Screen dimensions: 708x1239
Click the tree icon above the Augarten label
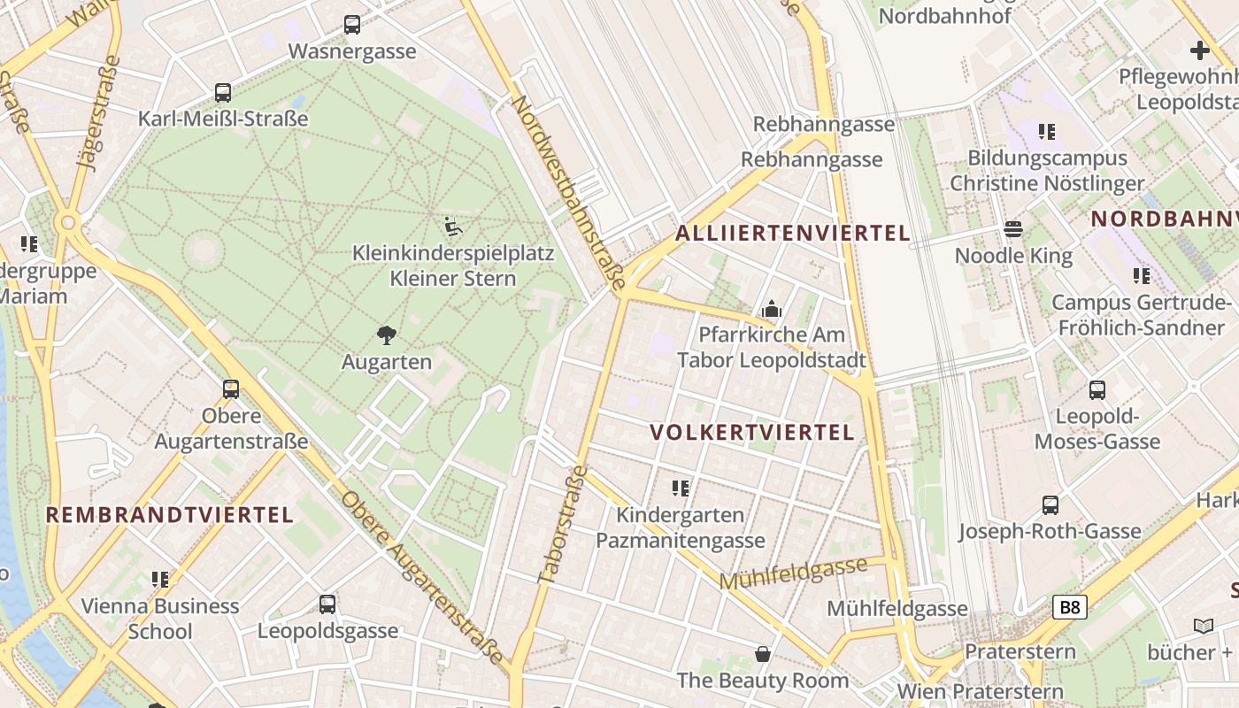tap(386, 335)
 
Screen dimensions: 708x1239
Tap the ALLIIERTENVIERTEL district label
tap(792, 234)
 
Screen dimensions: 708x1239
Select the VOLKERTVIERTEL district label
tap(752, 433)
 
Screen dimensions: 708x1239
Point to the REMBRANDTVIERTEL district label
tap(169, 515)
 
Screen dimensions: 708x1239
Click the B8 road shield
tap(1069, 607)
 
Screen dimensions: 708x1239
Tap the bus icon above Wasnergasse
tap(352, 25)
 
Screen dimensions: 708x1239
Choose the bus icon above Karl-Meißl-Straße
tap(223, 93)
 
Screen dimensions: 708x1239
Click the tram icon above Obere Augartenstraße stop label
tap(231, 389)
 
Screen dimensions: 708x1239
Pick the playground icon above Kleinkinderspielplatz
tap(453, 227)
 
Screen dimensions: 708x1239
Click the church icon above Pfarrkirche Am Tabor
tap(772, 310)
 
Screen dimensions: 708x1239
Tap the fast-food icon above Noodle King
tap(1013, 230)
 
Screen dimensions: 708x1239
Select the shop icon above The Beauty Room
tap(763, 654)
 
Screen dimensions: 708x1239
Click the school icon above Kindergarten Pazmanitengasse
tap(681, 489)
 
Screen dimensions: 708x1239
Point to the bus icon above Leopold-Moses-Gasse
tap(1097, 390)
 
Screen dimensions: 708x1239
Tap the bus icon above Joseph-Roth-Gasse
tap(1050, 505)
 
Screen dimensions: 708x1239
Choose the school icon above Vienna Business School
tap(160, 580)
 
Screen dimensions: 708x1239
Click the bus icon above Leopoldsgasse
tap(327, 604)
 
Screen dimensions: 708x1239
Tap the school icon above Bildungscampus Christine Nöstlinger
tap(1047, 132)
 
